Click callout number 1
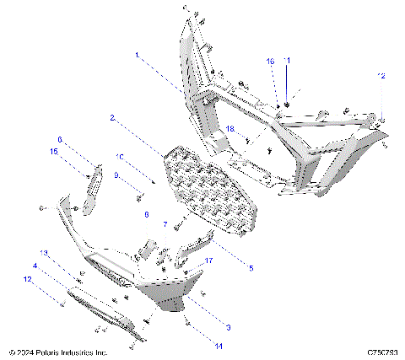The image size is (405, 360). pyautogui.click(x=136, y=54)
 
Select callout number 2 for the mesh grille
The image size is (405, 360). pyautogui.click(x=112, y=119)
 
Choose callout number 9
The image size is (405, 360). pyautogui.click(x=118, y=175)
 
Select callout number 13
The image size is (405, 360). pyautogui.click(x=46, y=252)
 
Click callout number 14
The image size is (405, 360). pyautogui.click(x=196, y=345)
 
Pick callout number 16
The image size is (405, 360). pyautogui.click(x=271, y=62)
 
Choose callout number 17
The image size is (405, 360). pyautogui.click(x=209, y=262)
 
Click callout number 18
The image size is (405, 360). pyautogui.click(x=229, y=127)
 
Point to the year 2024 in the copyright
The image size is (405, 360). pyautogui.click(x=25, y=352)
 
